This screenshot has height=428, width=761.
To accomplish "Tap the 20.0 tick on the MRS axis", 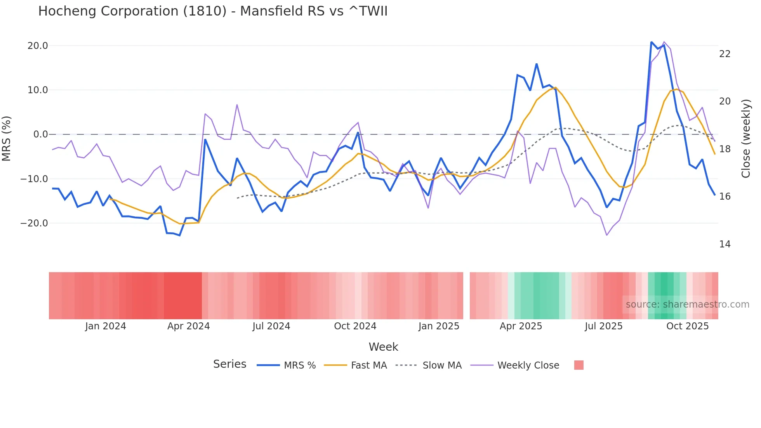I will [38, 46].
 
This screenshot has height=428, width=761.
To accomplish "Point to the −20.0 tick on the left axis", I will [35, 223].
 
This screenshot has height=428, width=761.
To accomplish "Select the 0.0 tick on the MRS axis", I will [40, 134].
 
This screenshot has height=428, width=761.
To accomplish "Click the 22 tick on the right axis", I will [725, 54].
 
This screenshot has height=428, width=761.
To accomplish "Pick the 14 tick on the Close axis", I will [725, 244].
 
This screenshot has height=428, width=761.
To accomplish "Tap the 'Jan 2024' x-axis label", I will [106, 326].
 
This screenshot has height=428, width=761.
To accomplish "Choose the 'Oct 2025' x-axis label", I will [687, 326].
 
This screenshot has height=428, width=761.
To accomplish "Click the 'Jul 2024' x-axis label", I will [271, 326].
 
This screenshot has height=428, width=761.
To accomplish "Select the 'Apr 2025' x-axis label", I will [521, 326].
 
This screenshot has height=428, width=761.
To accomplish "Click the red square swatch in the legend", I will [579, 365].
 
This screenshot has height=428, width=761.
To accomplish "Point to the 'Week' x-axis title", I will [383, 347].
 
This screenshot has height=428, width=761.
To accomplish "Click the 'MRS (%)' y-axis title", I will [7, 138].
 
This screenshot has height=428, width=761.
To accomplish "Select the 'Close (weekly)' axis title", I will [745, 139].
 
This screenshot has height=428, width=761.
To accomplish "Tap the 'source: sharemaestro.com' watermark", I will [687, 304].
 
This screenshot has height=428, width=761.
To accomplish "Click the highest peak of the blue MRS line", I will [652, 42].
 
